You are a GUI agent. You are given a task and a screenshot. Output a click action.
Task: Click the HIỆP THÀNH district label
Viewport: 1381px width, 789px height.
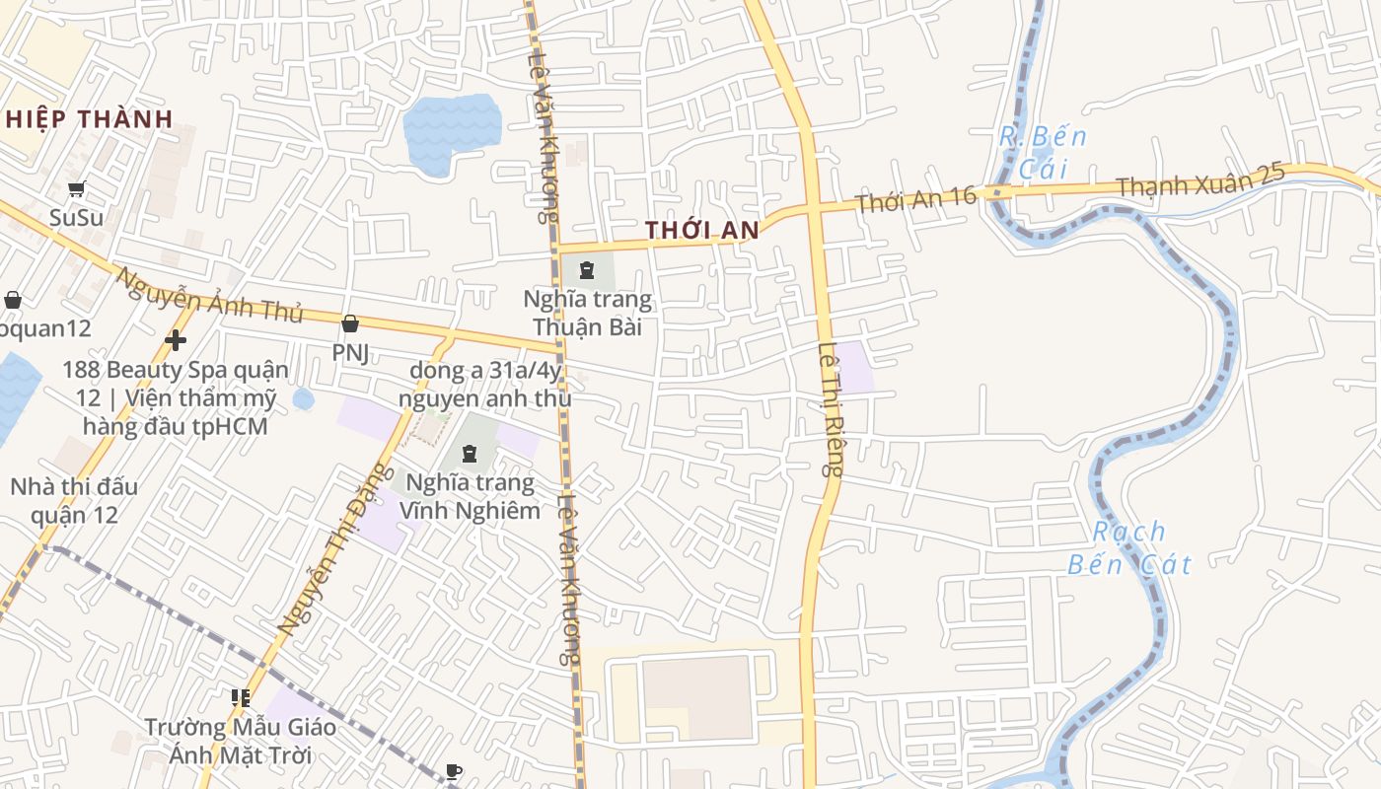pyautogui.click(x=89, y=119)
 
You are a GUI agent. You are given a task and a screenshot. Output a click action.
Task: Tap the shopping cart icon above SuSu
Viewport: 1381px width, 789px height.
pyautogui.click(x=77, y=188)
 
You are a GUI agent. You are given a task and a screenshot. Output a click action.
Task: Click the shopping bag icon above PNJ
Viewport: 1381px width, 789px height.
pyautogui.click(x=350, y=323)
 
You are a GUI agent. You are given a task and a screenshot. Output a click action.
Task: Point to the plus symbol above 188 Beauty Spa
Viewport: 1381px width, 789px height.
pyautogui.click(x=176, y=341)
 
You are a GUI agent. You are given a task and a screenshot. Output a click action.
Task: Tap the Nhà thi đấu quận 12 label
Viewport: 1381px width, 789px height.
pyautogui.click(x=74, y=501)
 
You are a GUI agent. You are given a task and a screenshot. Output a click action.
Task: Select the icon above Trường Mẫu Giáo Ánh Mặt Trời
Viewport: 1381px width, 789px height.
pyautogui.click(x=241, y=698)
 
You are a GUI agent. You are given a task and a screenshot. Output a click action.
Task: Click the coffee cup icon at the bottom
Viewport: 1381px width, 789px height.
pyautogui.click(x=454, y=771)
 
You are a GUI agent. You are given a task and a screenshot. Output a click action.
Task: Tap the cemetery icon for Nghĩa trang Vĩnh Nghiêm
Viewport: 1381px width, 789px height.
pyautogui.click(x=470, y=454)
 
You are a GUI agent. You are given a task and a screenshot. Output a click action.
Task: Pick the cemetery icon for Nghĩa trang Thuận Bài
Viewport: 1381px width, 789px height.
pyautogui.click(x=587, y=269)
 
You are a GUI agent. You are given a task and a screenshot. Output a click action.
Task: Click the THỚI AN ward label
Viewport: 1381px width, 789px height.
pyautogui.click(x=702, y=231)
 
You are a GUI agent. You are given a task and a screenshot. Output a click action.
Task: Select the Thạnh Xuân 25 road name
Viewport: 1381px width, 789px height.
pyautogui.click(x=1200, y=181)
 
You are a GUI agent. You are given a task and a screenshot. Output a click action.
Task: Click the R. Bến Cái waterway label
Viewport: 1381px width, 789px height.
pyautogui.click(x=1043, y=153)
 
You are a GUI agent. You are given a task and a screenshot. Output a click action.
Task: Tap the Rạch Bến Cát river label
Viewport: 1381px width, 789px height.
pyautogui.click(x=1130, y=548)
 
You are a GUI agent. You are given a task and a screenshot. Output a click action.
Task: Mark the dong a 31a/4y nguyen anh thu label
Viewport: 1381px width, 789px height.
pyautogui.click(x=485, y=385)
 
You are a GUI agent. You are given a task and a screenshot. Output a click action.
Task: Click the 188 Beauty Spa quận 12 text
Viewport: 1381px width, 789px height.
pyautogui.click(x=176, y=398)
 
